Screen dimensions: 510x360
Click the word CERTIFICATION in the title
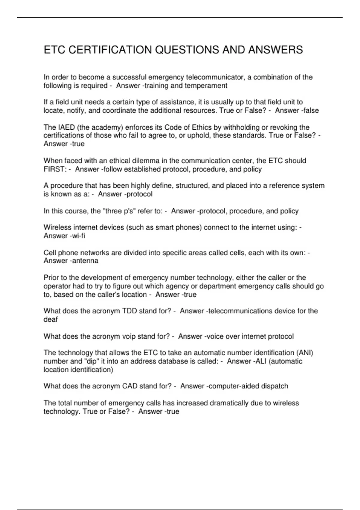[x=110, y=50]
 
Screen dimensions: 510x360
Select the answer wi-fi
[x=79, y=236]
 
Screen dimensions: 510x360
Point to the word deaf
[x=50, y=319]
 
